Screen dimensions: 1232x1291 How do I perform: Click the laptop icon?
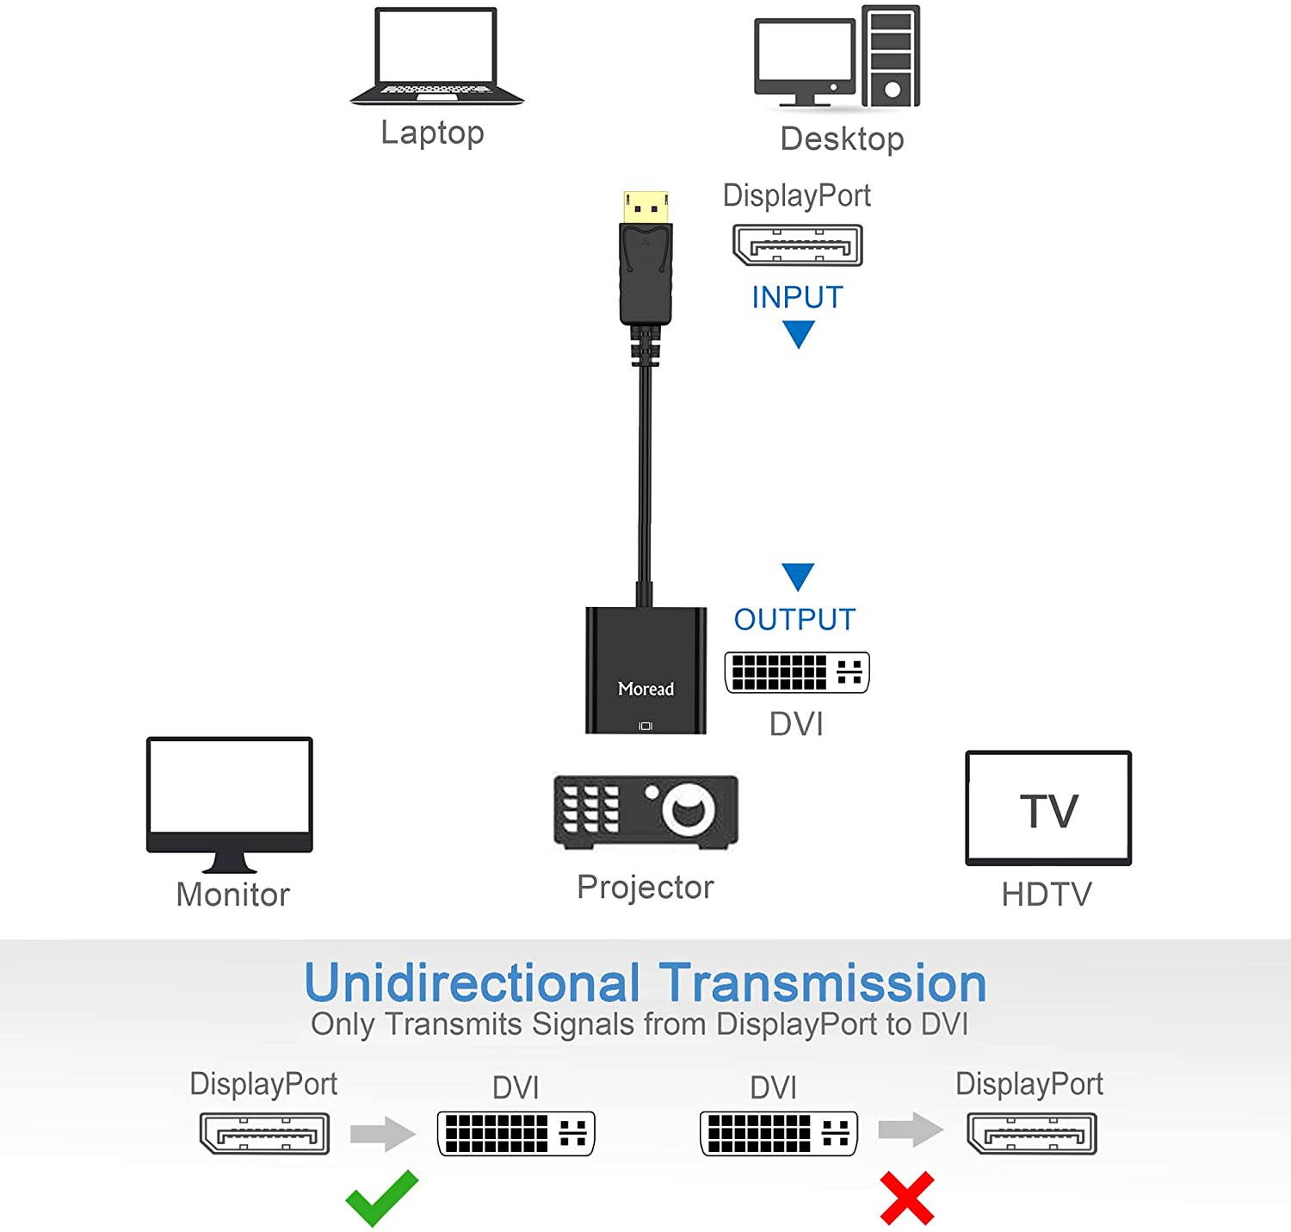[436, 57]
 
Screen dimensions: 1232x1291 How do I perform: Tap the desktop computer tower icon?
[891, 56]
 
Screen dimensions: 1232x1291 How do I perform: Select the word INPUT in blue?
[797, 297]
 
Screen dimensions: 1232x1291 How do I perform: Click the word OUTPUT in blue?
[794, 619]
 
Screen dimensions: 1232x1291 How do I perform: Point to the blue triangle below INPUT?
[799, 333]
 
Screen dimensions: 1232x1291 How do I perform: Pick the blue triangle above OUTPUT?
[798, 576]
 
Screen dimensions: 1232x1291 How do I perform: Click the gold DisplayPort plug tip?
[645, 206]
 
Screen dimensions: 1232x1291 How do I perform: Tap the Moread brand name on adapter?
[645, 689]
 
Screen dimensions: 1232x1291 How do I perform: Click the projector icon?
[645, 811]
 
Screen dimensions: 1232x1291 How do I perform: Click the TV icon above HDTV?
[1048, 808]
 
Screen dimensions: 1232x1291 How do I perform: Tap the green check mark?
[381, 1197]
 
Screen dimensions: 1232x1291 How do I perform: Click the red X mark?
[907, 1198]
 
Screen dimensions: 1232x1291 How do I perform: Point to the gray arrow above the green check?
[383, 1133]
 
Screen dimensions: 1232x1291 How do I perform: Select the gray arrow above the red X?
[911, 1130]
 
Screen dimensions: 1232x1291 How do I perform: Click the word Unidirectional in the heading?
[473, 983]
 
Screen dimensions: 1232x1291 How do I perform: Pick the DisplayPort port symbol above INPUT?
[797, 245]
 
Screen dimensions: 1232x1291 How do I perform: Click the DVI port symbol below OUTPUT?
[797, 672]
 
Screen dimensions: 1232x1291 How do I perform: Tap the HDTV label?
[1047, 895]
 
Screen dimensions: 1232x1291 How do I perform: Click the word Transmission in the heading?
[823, 983]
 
